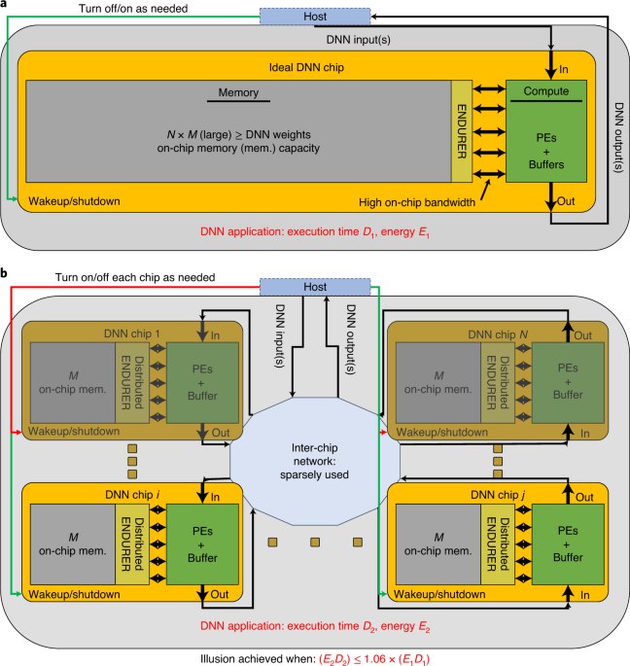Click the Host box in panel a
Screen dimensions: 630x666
tap(315, 17)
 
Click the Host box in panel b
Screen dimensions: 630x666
tap(315, 287)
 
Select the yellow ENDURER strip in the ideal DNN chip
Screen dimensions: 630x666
tap(462, 131)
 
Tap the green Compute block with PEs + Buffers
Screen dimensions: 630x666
tap(546, 131)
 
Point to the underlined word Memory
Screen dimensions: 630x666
tap(238, 92)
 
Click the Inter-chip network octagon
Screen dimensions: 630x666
tap(315, 461)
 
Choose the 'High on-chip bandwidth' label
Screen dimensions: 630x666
tap(417, 202)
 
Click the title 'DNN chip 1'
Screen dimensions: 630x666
tap(131, 333)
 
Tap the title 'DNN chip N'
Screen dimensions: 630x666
tap(498, 334)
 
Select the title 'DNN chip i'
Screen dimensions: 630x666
tap(132, 495)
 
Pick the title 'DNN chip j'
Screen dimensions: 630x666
tap(498, 495)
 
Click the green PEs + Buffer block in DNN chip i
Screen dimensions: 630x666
tap(202, 544)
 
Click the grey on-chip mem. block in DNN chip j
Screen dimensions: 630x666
tap(437, 544)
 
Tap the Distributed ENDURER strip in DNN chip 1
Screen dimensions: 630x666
tap(132, 383)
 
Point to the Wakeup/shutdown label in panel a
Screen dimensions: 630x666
tap(74, 201)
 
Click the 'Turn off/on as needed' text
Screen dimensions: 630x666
tap(133, 9)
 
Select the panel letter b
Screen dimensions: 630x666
tap(4, 273)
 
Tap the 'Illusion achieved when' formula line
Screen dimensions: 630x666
tap(315, 659)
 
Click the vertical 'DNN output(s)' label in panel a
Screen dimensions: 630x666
tap(619, 137)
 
